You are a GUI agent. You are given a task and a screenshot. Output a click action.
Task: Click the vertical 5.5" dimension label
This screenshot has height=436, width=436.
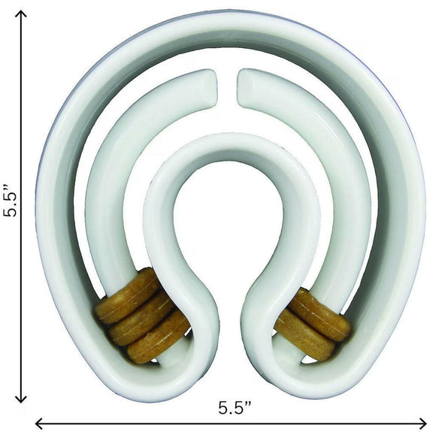[12, 200]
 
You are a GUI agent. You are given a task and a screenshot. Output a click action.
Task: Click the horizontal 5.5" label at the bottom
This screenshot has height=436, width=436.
[235, 408]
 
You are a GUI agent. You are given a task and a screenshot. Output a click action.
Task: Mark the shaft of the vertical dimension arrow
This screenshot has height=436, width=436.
[20, 113]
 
